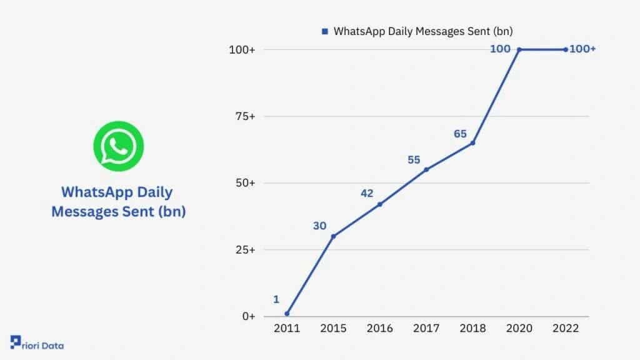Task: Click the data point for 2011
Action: [287, 314]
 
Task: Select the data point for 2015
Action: [333, 236]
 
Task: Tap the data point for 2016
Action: [379, 204]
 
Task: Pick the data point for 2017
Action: [426, 169]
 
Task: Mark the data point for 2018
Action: [472, 143]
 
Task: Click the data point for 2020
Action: [519, 49]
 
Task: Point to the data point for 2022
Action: [566, 49]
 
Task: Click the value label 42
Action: [367, 193]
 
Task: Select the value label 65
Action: [461, 134]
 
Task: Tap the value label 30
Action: [320, 226]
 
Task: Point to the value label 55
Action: [414, 160]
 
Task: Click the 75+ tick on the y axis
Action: [242, 116]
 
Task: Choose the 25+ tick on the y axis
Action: [242, 250]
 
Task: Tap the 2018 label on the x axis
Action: [472, 329]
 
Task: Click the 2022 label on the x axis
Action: [566, 329]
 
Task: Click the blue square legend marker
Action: [324, 31]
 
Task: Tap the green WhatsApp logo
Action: [118, 146]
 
